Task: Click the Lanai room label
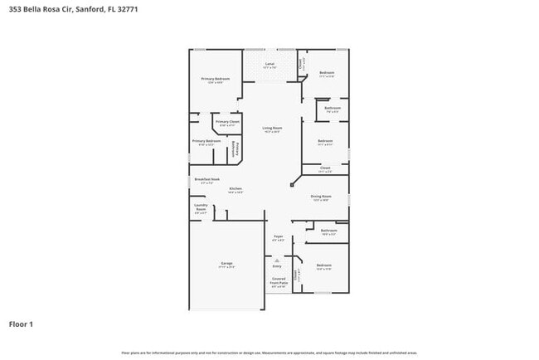(269, 65)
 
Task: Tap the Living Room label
(272, 129)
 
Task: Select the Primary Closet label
(227, 123)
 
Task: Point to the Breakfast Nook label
(206, 180)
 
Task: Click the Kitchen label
(236, 190)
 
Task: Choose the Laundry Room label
(201, 208)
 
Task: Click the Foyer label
(279, 238)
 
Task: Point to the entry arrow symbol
(278, 260)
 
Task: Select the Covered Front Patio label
(279, 283)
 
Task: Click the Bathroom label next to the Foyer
(328, 231)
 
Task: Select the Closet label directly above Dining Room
(325, 169)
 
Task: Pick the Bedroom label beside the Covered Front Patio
(323, 266)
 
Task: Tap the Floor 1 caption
(21, 324)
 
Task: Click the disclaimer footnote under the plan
(269, 352)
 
